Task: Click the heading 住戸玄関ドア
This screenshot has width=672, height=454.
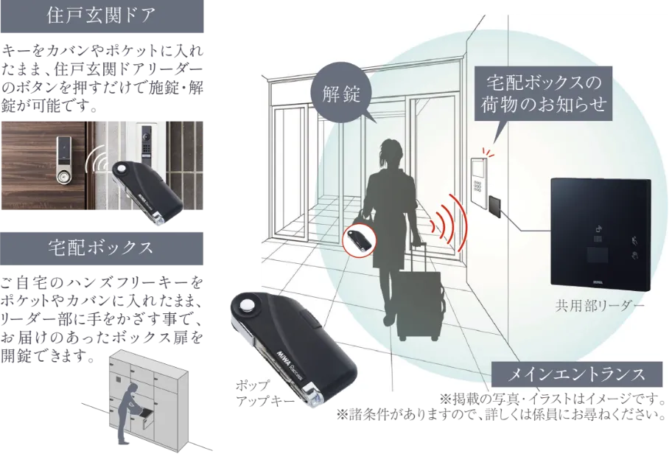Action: pos(102,16)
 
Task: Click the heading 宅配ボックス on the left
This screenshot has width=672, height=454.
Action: pos(102,248)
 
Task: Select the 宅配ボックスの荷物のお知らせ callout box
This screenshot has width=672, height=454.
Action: pos(544,94)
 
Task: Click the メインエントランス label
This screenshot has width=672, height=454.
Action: pos(576,374)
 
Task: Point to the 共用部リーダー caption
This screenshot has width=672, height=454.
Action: pos(600,306)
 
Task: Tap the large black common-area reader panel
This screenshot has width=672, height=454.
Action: pos(601,235)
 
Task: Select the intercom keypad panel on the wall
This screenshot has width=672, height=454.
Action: pos(479,182)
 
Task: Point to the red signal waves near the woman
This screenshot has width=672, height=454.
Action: pos(450,223)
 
